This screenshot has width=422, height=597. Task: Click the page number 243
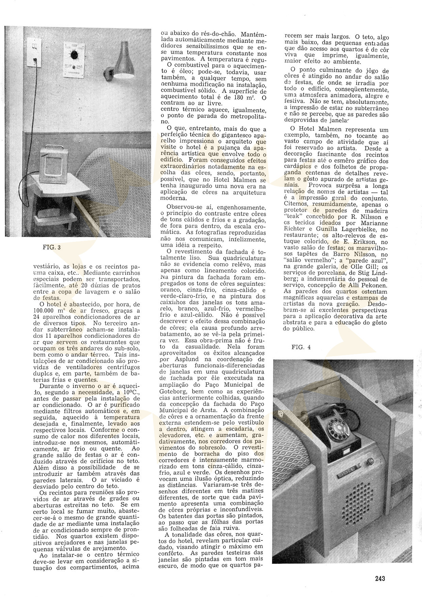tap(380, 578)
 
